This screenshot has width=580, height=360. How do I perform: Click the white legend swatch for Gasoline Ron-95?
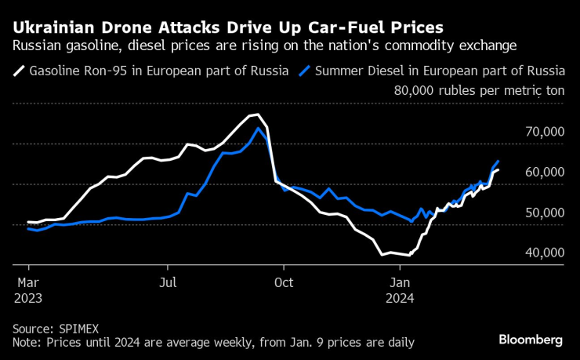[18, 71]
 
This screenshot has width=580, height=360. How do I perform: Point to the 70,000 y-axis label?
[542, 133]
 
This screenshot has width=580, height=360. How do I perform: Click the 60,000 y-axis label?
[542, 173]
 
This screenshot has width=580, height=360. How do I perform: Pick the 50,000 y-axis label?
[542, 213]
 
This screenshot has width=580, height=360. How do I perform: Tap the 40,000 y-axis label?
[542, 253]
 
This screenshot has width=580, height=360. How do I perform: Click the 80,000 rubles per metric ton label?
[479, 91]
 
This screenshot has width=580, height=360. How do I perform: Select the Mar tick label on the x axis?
[28, 282]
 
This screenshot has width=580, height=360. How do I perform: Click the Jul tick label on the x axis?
[167, 282]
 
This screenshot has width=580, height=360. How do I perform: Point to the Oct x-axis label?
[283, 282]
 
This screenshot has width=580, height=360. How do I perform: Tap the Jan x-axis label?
[400, 282]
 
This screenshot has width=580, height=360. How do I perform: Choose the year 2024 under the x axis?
[401, 298]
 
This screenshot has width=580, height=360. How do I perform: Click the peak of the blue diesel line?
[259, 127]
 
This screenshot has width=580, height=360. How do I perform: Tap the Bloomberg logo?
[531, 340]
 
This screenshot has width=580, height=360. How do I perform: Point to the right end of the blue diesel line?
[498, 162]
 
